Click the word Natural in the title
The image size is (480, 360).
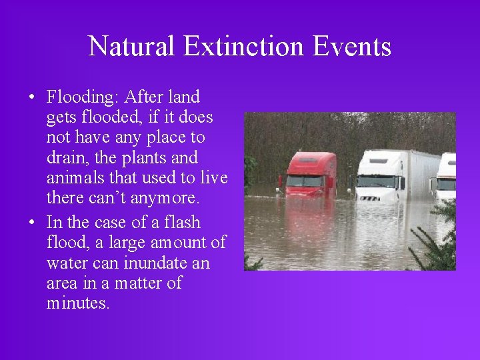click(x=132, y=47)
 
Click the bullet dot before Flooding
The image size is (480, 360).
click(x=32, y=98)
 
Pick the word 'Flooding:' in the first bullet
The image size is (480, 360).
click(x=81, y=97)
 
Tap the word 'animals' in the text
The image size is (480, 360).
click(x=75, y=178)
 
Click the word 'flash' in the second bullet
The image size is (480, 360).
click(x=181, y=222)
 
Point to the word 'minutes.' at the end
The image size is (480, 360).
click(x=78, y=303)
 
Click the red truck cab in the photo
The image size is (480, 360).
click(x=311, y=174)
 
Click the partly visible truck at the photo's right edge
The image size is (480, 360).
click(x=447, y=177)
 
